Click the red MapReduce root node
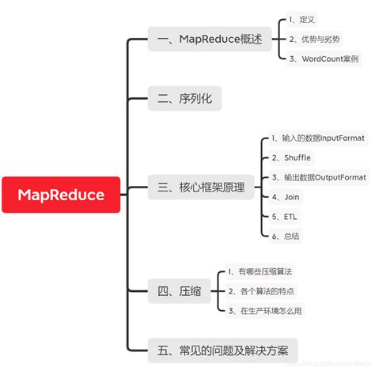pyautogui.click(x=62, y=194)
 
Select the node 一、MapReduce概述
pyautogui.click(x=210, y=39)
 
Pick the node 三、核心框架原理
pyautogui.click(x=201, y=188)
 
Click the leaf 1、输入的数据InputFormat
pyautogui.click(x=324, y=138)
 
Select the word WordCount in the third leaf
pyautogui.click(x=316, y=59)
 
